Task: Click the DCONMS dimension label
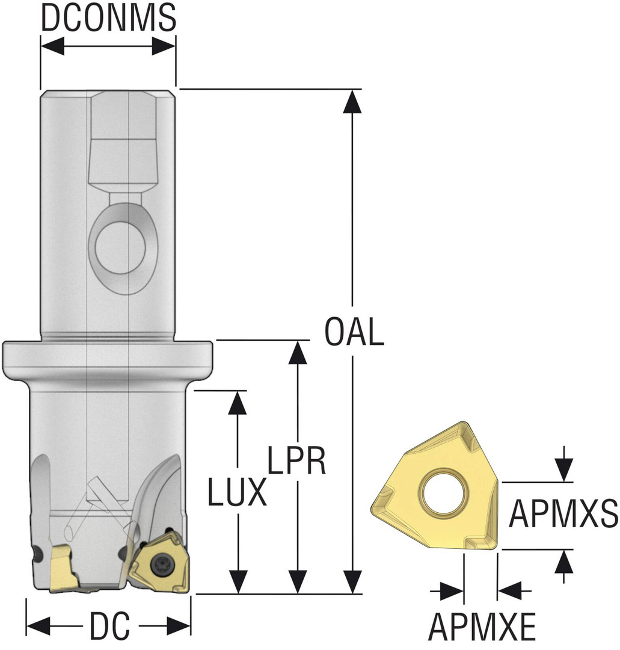108,18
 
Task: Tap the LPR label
296,461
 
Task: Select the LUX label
237,492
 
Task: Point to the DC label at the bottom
109,627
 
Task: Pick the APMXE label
482,627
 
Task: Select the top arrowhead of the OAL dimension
353,101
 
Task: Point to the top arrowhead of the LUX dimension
239,402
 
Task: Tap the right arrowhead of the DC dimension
178,626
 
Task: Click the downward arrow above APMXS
563,469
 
